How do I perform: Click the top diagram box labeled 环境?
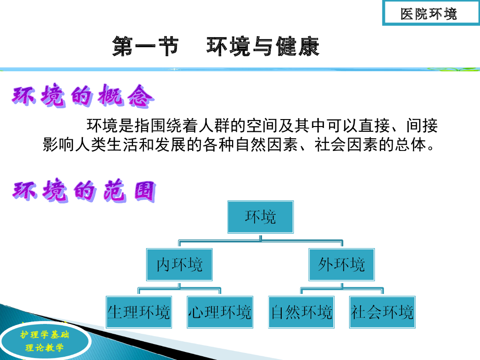click(261, 217)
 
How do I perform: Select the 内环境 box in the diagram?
click(180, 265)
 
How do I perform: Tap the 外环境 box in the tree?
click(341, 265)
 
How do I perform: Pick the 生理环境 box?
click(139, 312)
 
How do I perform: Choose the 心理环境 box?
click(220, 312)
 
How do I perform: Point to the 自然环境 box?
click(301, 312)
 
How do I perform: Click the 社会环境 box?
click(382, 312)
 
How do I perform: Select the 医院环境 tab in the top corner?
click(428, 14)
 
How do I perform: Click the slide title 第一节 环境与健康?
click(216, 47)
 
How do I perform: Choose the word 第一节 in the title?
click(145, 47)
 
